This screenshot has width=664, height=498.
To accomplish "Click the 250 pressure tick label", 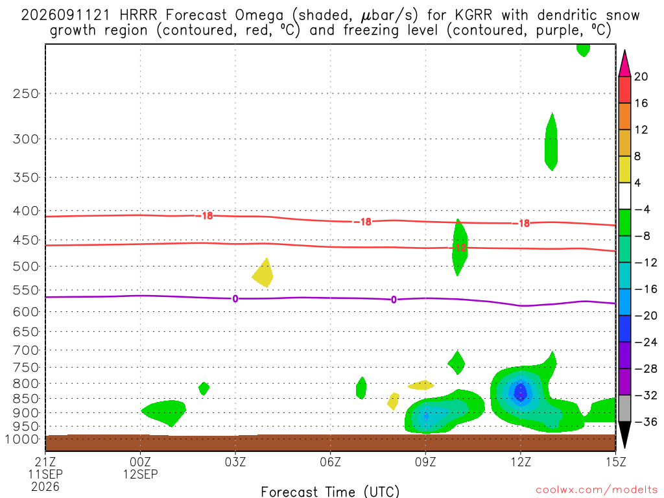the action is point(26,93).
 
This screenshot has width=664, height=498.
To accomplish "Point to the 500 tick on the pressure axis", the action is point(26,267).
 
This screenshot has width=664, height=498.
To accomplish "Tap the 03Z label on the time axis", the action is point(235,462).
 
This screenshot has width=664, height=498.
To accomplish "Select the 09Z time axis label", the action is point(425,462).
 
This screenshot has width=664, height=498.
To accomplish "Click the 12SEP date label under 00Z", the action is point(140,474).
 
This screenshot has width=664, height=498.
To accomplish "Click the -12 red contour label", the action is point(458,248).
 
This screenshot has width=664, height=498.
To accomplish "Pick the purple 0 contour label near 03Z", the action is point(235,299).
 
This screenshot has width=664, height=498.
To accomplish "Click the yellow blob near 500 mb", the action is point(263,274).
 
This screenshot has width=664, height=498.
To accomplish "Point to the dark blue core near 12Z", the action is point(520,392).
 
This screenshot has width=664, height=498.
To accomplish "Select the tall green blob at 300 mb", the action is point(551,142).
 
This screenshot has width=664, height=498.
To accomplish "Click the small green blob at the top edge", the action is point(583,49).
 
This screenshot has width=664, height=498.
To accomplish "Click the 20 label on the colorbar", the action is point(641,77).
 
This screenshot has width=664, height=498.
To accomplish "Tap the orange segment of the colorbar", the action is point(624,117).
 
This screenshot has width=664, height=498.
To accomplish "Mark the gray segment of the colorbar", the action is point(624,409).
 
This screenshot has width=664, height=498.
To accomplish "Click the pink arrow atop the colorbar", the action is point(624,63).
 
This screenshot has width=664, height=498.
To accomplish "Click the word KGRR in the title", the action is point(473,16).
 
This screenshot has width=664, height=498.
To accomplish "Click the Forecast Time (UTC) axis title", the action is point(330,492).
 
